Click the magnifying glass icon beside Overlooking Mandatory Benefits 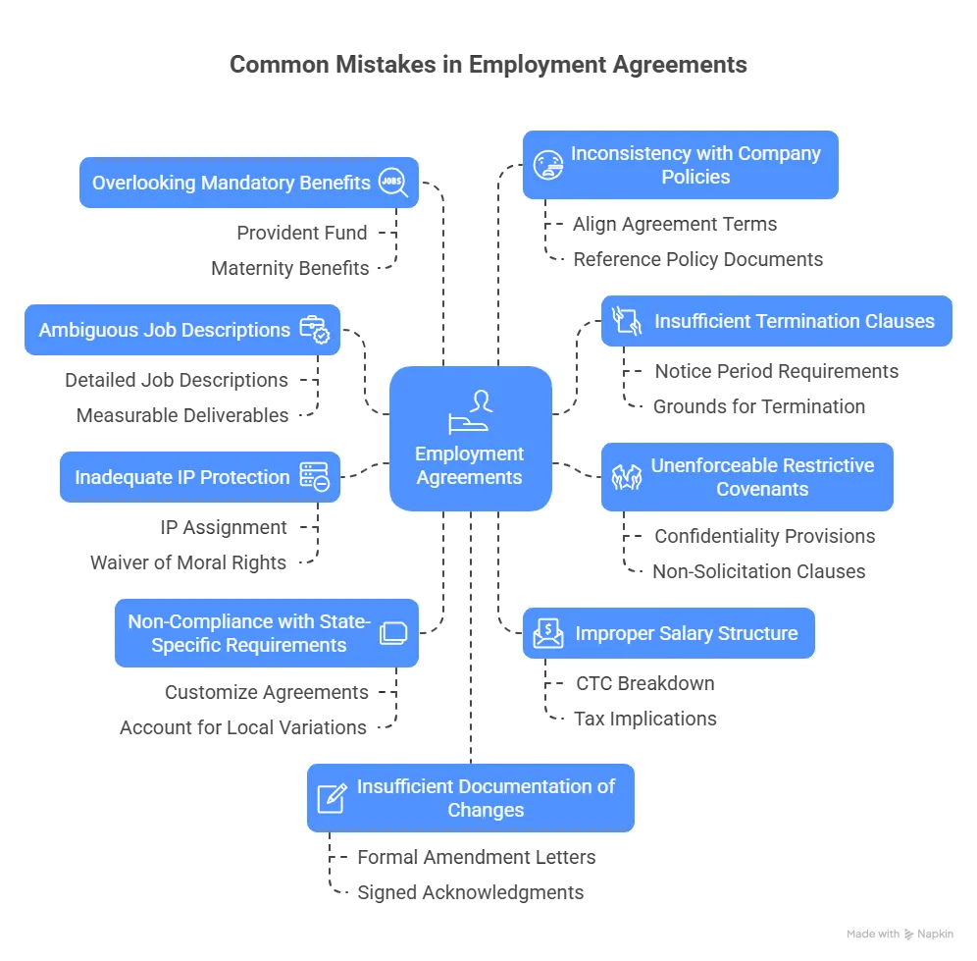coord(394,183)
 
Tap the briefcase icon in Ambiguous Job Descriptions coord(316,330)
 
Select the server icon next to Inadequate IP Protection coord(315,477)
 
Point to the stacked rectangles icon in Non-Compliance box coord(392,633)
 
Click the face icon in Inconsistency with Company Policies coord(547,165)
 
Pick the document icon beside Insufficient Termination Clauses coord(627,321)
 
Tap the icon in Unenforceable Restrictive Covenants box coord(627,477)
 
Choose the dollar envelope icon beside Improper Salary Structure coord(548,634)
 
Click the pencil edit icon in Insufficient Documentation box coord(333,797)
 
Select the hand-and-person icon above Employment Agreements coord(470,410)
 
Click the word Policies coord(695,177)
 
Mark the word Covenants coord(762,489)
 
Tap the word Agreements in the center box coord(470,477)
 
